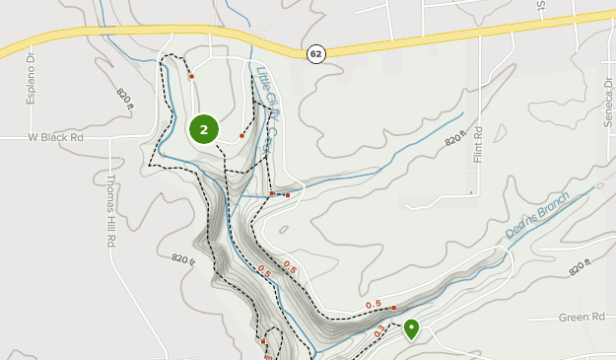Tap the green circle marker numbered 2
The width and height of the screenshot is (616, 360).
(x=203, y=128)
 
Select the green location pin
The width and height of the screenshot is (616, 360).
(x=411, y=328)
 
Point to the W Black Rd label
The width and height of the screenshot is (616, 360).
(x=55, y=138)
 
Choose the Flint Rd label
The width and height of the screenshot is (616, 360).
(x=477, y=146)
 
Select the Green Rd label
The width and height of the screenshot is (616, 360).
(x=581, y=318)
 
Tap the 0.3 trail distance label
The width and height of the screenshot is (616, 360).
(x=380, y=332)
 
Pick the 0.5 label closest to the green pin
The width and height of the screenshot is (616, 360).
(x=374, y=305)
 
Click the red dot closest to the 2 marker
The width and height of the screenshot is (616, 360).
(x=241, y=135)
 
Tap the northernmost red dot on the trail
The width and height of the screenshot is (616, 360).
(x=191, y=75)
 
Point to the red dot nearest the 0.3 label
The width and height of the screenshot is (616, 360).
(x=393, y=308)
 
